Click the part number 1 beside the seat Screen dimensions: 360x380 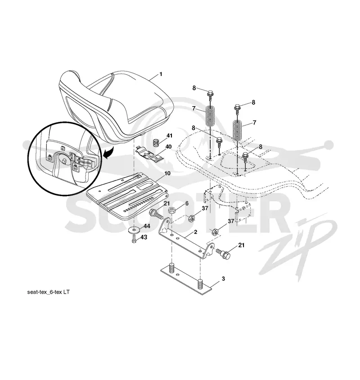pos(161,74)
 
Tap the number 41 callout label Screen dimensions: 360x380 pos(169,135)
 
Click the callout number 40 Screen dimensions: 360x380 pos(168,147)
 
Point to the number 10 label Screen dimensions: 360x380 pos(167,173)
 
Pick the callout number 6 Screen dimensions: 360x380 pos(187,203)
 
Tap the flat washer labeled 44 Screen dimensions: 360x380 pos(134,229)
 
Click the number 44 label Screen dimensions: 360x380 pos(147,226)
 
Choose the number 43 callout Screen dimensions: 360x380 pos(144,237)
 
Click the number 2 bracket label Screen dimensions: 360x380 pos(196,232)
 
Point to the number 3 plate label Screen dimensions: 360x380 pos(223,279)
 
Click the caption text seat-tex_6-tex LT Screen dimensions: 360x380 pos(48,292)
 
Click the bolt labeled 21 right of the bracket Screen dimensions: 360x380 pos(223,254)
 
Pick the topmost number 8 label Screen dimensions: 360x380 pos(194,88)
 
